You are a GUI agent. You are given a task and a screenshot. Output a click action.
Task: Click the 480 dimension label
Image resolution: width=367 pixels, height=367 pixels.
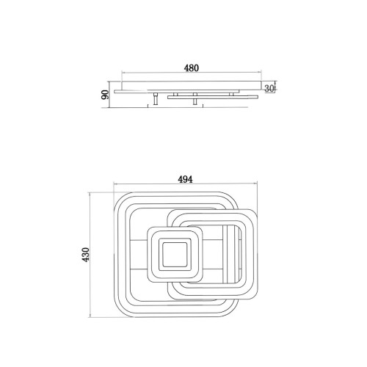tap(192, 68)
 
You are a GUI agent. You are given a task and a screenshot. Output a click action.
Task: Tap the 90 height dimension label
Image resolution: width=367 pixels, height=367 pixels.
tap(105, 95)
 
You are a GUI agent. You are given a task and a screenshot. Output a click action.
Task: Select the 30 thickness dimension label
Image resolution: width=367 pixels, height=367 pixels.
tap(269, 89)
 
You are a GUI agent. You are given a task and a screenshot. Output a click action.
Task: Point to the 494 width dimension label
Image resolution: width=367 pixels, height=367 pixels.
tap(185, 179)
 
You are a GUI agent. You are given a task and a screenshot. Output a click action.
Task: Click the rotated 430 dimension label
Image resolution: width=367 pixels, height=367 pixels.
tap(86, 255)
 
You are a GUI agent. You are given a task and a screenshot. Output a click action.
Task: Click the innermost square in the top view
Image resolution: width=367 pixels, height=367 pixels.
tap(175, 255)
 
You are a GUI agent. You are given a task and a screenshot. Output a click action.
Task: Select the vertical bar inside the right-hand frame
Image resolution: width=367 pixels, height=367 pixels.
tap(229, 255)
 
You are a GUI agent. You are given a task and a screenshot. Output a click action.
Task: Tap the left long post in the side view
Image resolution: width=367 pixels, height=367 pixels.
tap(156, 99)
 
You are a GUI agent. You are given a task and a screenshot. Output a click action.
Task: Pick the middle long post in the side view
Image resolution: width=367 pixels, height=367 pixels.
tap(195, 99)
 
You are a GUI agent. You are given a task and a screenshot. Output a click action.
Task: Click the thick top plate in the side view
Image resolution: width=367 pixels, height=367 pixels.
tap(192, 85)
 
